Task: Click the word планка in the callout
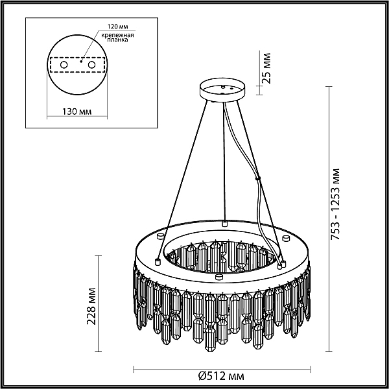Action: pyautogui.click(x=113, y=40)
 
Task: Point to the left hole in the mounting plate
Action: pyautogui.click(x=63, y=65)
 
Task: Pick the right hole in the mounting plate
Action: pyautogui.click(x=91, y=65)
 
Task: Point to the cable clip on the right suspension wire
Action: pyautogui.click(x=258, y=178)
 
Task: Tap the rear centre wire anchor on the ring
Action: pyautogui.click(x=225, y=222)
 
